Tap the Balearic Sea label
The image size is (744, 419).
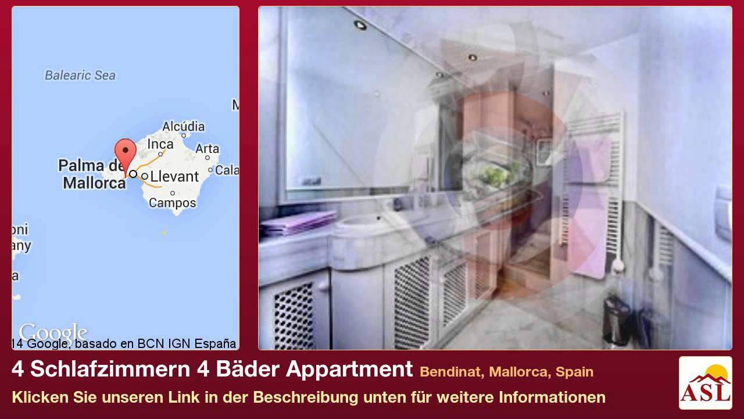80,75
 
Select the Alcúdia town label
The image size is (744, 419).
183,127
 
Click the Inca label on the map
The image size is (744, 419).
160,144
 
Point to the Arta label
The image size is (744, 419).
207,149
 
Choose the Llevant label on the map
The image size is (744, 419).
174,176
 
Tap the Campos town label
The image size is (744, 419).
172,203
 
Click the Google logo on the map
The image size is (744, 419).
52,333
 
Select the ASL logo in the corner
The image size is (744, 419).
705,383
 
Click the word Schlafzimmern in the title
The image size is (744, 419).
107,370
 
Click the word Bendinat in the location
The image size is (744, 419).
452,372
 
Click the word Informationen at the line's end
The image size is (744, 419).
552,397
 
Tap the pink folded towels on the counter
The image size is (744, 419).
298,222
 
